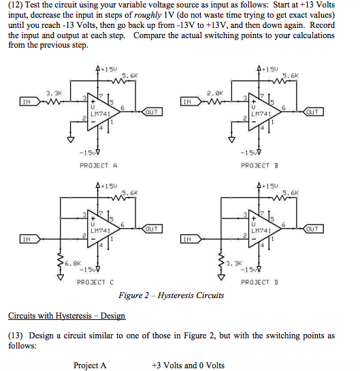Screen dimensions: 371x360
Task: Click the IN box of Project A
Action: tap(27, 103)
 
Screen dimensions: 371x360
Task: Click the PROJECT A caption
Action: tap(99, 165)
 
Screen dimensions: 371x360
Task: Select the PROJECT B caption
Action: tap(260, 165)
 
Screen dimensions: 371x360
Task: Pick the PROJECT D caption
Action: tap(260, 282)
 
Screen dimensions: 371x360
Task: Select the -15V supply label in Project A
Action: tap(91, 152)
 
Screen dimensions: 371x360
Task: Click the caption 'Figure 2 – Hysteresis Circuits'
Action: tap(171, 295)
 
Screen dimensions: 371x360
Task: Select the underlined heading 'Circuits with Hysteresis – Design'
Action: tap(67, 316)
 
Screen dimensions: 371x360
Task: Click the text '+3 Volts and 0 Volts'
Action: tap(188, 366)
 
